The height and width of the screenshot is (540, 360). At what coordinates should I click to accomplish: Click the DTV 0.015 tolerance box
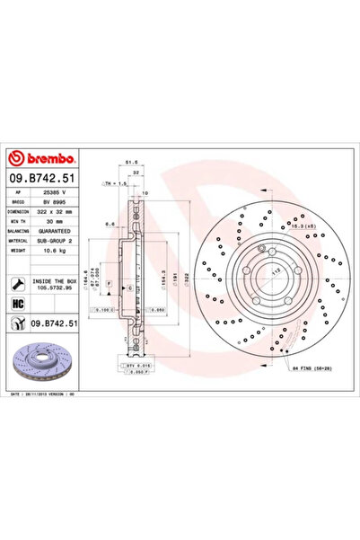tap(135, 367)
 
